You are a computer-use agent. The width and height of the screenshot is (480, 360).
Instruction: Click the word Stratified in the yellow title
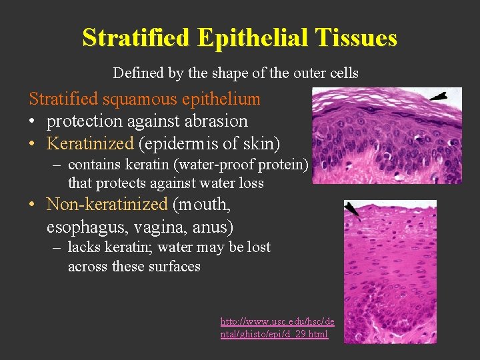(x=137, y=37)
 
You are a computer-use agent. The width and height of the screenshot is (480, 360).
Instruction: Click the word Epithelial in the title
(x=251, y=37)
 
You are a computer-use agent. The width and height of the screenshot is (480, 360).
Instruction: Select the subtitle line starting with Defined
(x=235, y=73)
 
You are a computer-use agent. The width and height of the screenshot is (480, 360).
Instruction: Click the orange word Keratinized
(x=91, y=143)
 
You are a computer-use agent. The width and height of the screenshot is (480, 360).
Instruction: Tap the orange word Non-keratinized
(x=107, y=204)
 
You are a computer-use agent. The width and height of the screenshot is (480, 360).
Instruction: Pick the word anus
(x=211, y=227)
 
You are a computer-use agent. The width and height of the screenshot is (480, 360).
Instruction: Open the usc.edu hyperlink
(x=277, y=327)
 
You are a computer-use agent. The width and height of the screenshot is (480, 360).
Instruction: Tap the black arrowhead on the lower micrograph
(x=351, y=211)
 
